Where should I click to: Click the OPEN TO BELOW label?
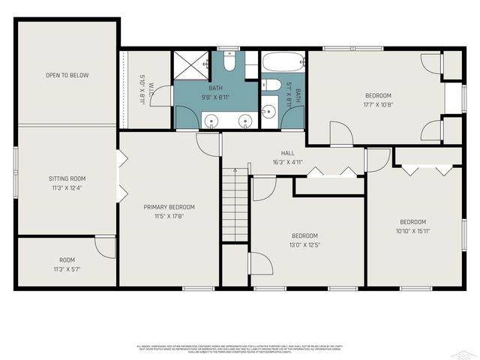(67, 75)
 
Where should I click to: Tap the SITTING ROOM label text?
(67, 178)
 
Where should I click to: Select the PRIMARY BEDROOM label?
(169, 207)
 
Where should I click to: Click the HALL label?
(277, 152)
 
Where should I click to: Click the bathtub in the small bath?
(282, 61)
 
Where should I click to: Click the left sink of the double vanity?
(211, 121)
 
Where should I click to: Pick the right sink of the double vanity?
(244, 121)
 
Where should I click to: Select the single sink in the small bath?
(267, 112)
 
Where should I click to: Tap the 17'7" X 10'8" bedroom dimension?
(378, 105)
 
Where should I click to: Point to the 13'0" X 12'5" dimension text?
(304, 244)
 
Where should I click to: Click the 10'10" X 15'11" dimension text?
(412, 231)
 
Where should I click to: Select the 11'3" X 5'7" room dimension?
(67, 268)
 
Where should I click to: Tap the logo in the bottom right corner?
(466, 351)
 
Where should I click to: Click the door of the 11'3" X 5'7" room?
(106, 248)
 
